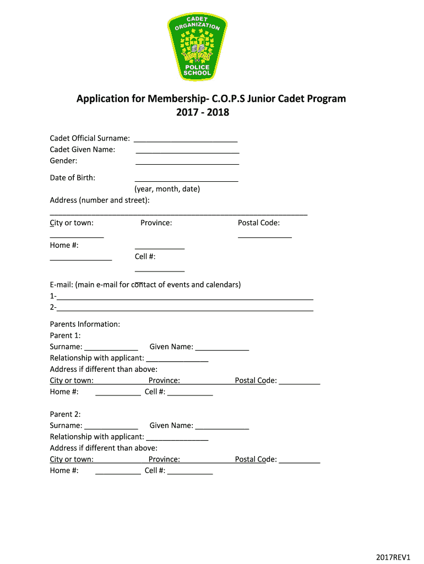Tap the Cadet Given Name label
tap(83, 149)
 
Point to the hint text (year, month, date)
tap(167, 189)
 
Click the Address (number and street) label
tap(100, 200)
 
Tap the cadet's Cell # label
tap(145, 257)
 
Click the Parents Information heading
tap(85, 324)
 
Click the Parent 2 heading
tap(66, 414)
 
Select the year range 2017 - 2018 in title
tap(202, 113)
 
